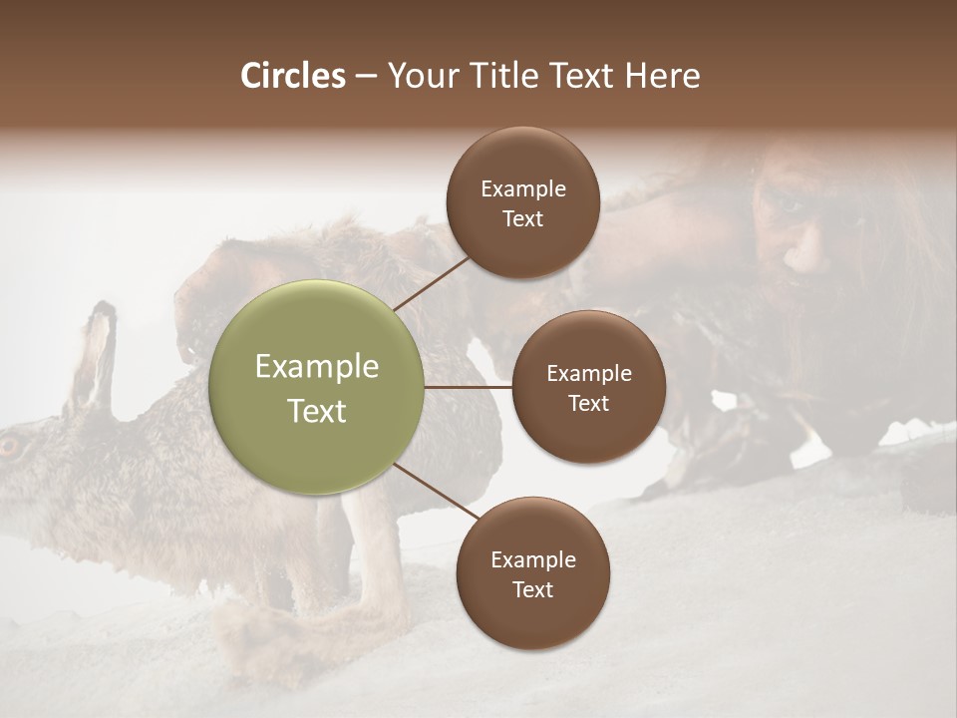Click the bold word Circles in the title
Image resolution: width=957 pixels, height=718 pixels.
tap(292, 76)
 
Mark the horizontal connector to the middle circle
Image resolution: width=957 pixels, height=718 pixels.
tap(468, 387)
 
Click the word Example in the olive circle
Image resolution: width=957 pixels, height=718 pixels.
tap(316, 366)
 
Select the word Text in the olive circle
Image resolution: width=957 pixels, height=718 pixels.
tap(316, 411)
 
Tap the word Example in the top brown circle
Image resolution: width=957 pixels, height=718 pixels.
tap(522, 188)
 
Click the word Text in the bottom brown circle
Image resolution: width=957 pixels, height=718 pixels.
tap(532, 589)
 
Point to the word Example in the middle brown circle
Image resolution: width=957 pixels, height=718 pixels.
tap(588, 373)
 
